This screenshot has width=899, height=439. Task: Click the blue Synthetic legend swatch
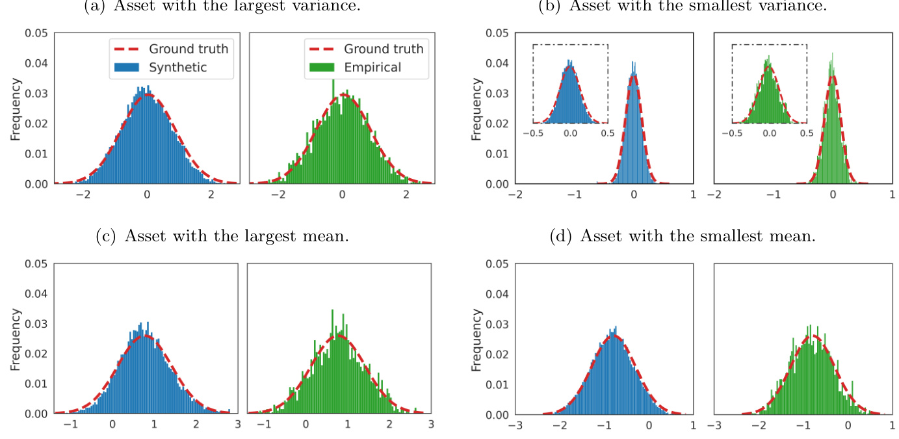click(128, 67)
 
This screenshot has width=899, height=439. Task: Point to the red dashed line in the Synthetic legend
click(128, 49)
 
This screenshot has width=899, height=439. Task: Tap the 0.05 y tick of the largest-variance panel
click(36, 33)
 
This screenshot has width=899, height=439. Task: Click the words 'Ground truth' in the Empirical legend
click(384, 49)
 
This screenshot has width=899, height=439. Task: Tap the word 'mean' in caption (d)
click(790, 236)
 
